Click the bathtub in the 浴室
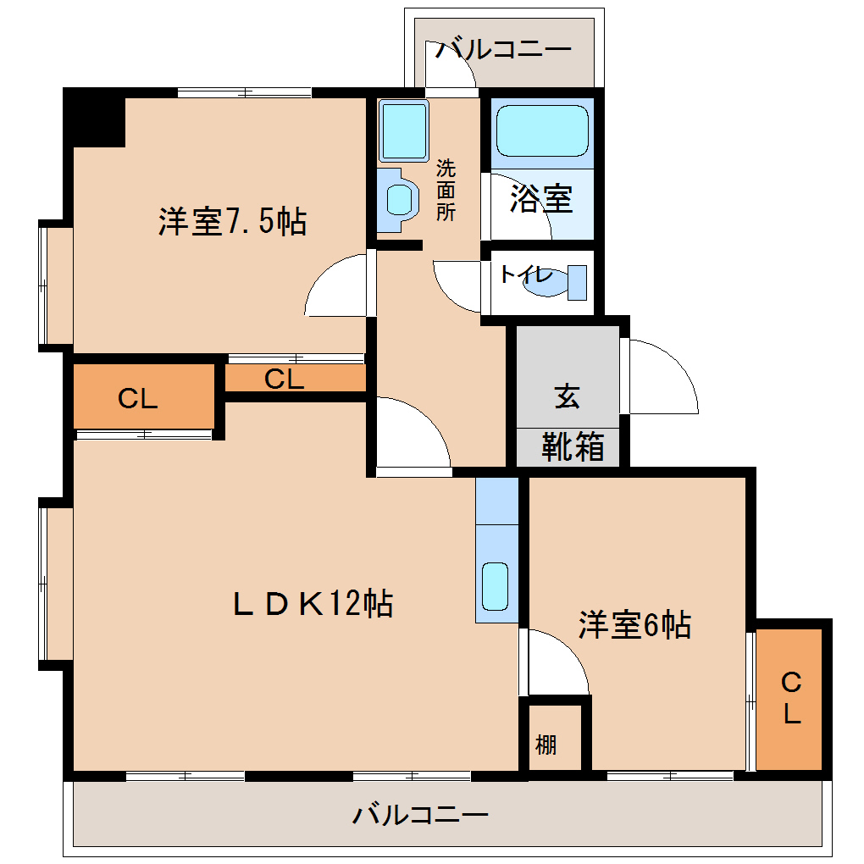pyautogui.click(x=542, y=131)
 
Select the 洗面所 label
pyautogui.click(x=446, y=190)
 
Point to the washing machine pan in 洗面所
pyautogui.click(x=403, y=130)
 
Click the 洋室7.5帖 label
pyautogui.click(x=233, y=222)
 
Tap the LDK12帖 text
pyautogui.click(x=313, y=603)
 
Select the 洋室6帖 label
pyautogui.click(x=634, y=625)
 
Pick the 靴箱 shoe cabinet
pyautogui.click(x=568, y=447)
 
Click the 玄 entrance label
pyautogui.click(x=568, y=396)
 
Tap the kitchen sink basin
pyautogui.click(x=496, y=586)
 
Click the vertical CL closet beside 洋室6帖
pyautogui.click(x=789, y=699)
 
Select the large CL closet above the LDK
pyautogui.click(x=144, y=396)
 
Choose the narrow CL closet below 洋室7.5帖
pyautogui.click(x=296, y=378)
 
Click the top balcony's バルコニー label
pyautogui.click(x=503, y=50)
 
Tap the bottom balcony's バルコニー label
pyautogui.click(x=420, y=814)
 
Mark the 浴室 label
pyautogui.click(x=541, y=198)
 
